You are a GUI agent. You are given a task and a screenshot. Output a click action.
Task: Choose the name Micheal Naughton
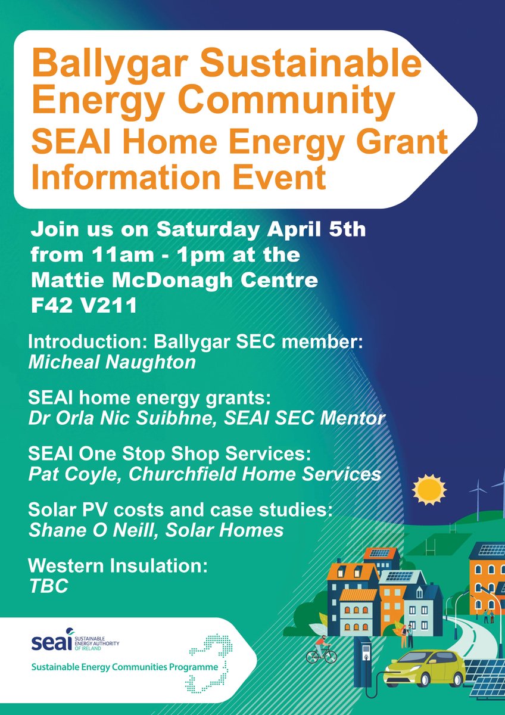pos(112,362)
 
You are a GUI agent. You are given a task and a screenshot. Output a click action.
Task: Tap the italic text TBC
pos(48,586)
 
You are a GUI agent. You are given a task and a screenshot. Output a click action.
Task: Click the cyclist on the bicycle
pos(320,650)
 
